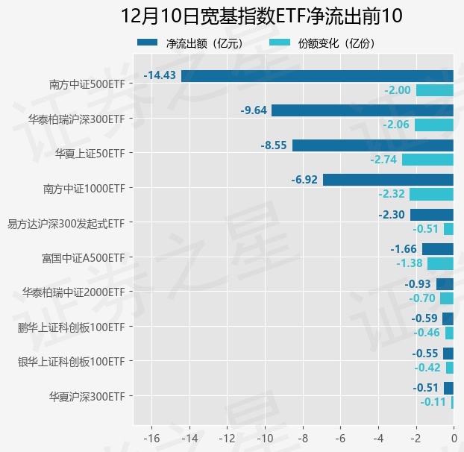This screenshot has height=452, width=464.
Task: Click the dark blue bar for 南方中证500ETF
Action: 317,75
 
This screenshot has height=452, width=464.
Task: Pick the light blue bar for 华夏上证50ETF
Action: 427,160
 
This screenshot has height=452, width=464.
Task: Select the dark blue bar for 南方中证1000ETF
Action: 388,180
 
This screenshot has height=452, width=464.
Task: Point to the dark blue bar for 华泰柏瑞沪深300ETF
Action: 363,110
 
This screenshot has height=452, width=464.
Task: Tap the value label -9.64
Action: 254,110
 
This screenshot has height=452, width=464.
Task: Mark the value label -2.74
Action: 383,160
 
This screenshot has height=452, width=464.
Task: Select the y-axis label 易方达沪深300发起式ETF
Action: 65,223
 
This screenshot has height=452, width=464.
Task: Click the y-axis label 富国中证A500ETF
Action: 83,258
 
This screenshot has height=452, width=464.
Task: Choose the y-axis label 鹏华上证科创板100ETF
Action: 71,327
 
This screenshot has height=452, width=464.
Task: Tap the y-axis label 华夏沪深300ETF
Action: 87,396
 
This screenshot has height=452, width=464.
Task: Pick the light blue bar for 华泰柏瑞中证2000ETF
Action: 446,298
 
